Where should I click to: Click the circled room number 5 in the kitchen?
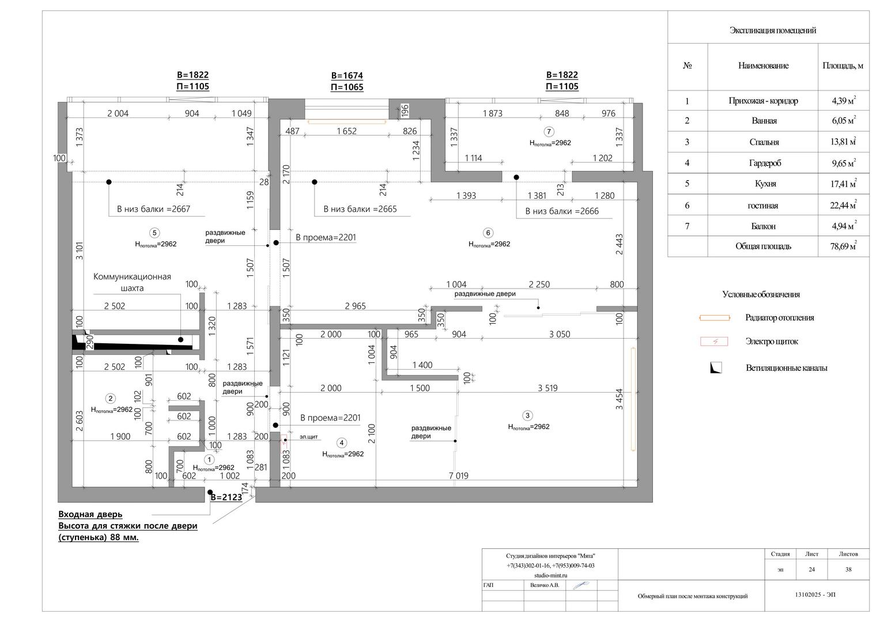tap(154, 233)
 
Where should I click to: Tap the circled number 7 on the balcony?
tap(549, 131)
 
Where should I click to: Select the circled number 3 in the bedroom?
tap(527, 415)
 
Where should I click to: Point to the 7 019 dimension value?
tap(459, 476)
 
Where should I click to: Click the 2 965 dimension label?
tap(355, 306)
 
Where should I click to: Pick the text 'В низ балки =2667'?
tap(153, 209)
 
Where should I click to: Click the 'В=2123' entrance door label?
tap(226, 497)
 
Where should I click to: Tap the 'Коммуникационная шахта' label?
tap(132, 282)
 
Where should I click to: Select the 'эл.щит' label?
tap(308, 437)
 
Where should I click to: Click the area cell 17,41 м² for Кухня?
tap(843, 183)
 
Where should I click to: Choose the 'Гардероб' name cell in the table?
tap(765, 163)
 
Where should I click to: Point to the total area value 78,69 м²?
tap(843, 246)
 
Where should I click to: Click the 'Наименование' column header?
tap(764, 66)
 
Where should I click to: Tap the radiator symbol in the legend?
tap(715, 318)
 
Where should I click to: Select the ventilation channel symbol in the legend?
tap(716, 367)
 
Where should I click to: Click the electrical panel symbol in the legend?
tap(714, 342)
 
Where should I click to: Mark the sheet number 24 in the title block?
tap(811, 570)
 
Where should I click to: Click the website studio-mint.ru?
tap(550, 575)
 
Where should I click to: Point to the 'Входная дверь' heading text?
tap(90, 514)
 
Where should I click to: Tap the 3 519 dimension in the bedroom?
tap(547, 388)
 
